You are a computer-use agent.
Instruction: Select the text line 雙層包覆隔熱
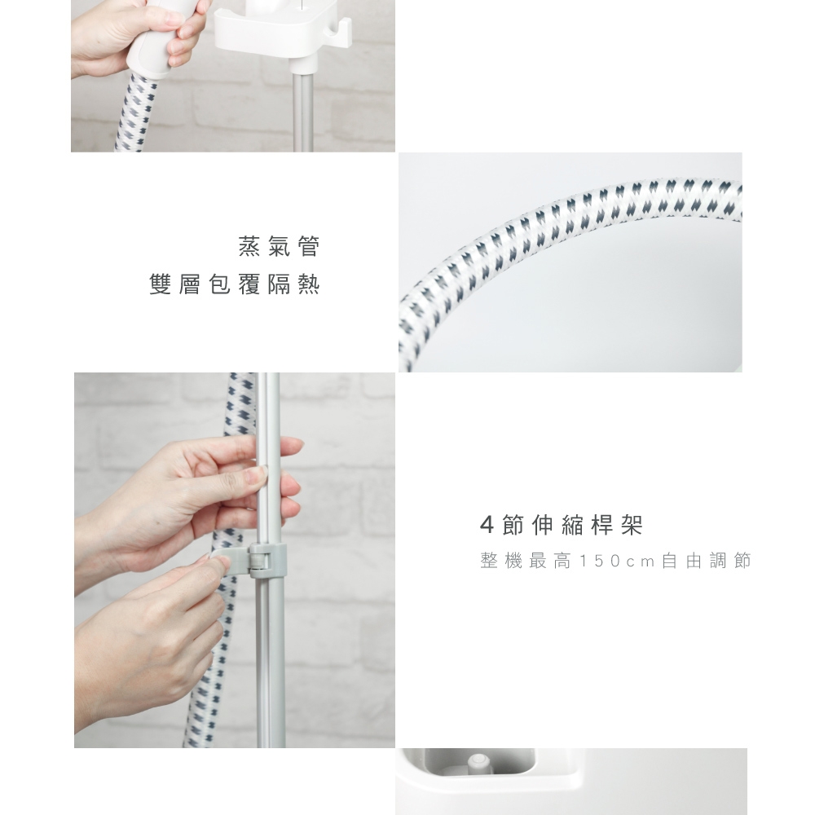pos(235,284)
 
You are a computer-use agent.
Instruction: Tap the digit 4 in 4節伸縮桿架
pos(487,526)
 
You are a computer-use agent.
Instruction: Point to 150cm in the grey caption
pos(616,561)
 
